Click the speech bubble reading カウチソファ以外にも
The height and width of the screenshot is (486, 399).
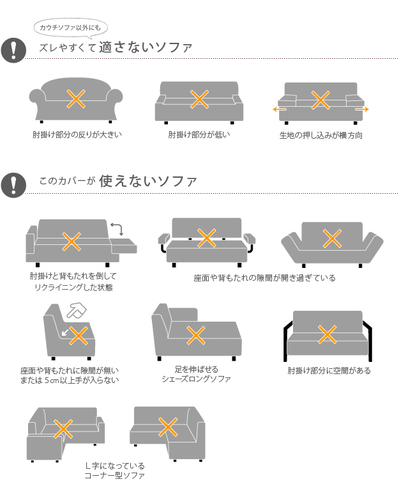click(x=71, y=28)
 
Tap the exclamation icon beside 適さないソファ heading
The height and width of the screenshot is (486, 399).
click(x=13, y=50)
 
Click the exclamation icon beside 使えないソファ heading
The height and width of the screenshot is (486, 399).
click(x=13, y=185)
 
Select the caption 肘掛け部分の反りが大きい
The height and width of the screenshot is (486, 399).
click(x=77, y=134)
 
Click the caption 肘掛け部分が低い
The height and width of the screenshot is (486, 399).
click(x=199, y=134)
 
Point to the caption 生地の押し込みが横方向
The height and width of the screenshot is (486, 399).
click(x=320, y=135)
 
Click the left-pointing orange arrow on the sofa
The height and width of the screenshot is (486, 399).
click(x=279, y=109)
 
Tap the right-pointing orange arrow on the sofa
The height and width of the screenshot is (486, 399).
click(x=362, y=109)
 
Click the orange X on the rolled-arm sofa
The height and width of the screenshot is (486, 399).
click(x=76, y=99)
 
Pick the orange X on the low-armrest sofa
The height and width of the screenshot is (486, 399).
click(x=199, y=99)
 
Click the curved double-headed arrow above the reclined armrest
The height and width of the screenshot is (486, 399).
click(x=117, y=228)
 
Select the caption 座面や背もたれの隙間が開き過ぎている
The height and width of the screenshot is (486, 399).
click(x=265, y=278)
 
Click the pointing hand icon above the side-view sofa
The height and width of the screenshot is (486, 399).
click(x=77, y=310)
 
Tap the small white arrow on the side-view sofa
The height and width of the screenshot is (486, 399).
click(x=65, y=333)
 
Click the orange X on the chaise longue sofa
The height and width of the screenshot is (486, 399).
click(x=196, y=335)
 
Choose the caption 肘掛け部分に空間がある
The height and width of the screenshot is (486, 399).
click(x=329, y=370)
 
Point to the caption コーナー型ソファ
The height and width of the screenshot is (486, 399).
click(x=114, y=475)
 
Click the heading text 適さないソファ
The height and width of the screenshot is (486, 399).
click(x=146, y=47)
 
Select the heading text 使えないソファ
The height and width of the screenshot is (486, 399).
click(x=148, y=181)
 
